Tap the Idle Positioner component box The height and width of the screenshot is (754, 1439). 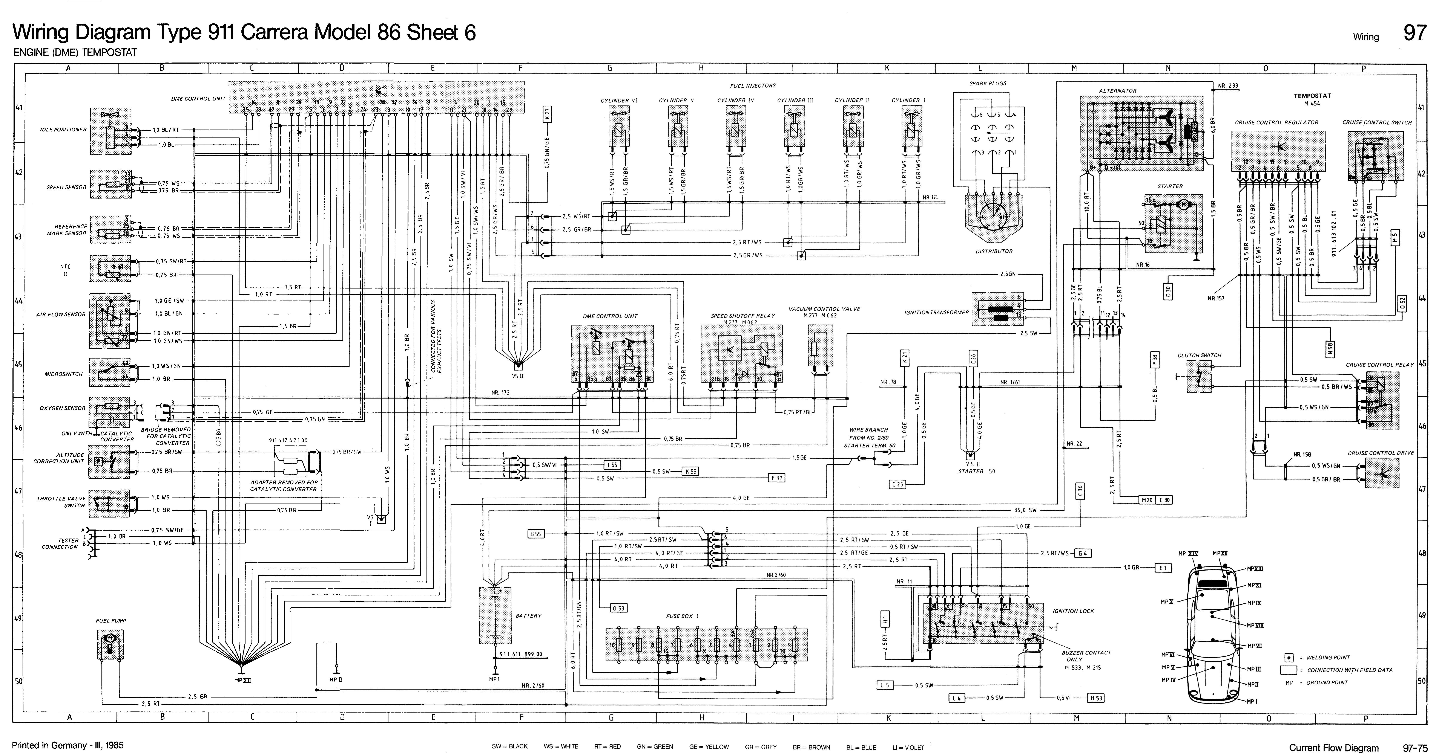111,132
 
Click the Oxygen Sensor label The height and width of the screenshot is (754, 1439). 63,408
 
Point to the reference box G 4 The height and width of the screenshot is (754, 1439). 1083,553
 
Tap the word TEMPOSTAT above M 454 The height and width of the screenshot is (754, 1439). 1312,95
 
